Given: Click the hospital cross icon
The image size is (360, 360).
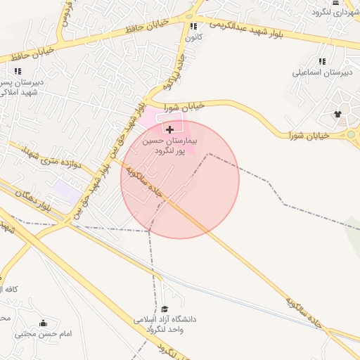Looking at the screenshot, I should click(169, 129).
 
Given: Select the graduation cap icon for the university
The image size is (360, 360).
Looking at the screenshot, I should click(165, 308).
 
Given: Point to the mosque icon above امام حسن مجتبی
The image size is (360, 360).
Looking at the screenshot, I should click(44, 323).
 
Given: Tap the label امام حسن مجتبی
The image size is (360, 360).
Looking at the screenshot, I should click(44, 333).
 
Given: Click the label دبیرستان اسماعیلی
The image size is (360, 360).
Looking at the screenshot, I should click(321, 72).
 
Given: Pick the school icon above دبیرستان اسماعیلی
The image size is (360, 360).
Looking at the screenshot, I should click(322, 61).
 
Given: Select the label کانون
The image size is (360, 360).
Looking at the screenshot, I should click(195, 36).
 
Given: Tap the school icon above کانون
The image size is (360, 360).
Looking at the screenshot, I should click(193, 26).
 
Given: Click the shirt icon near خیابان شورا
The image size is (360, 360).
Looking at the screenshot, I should click(337, 113).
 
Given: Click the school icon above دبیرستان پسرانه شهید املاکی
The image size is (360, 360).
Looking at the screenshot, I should click(18, 71).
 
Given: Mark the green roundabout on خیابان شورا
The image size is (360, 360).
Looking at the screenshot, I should click(351, 134).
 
